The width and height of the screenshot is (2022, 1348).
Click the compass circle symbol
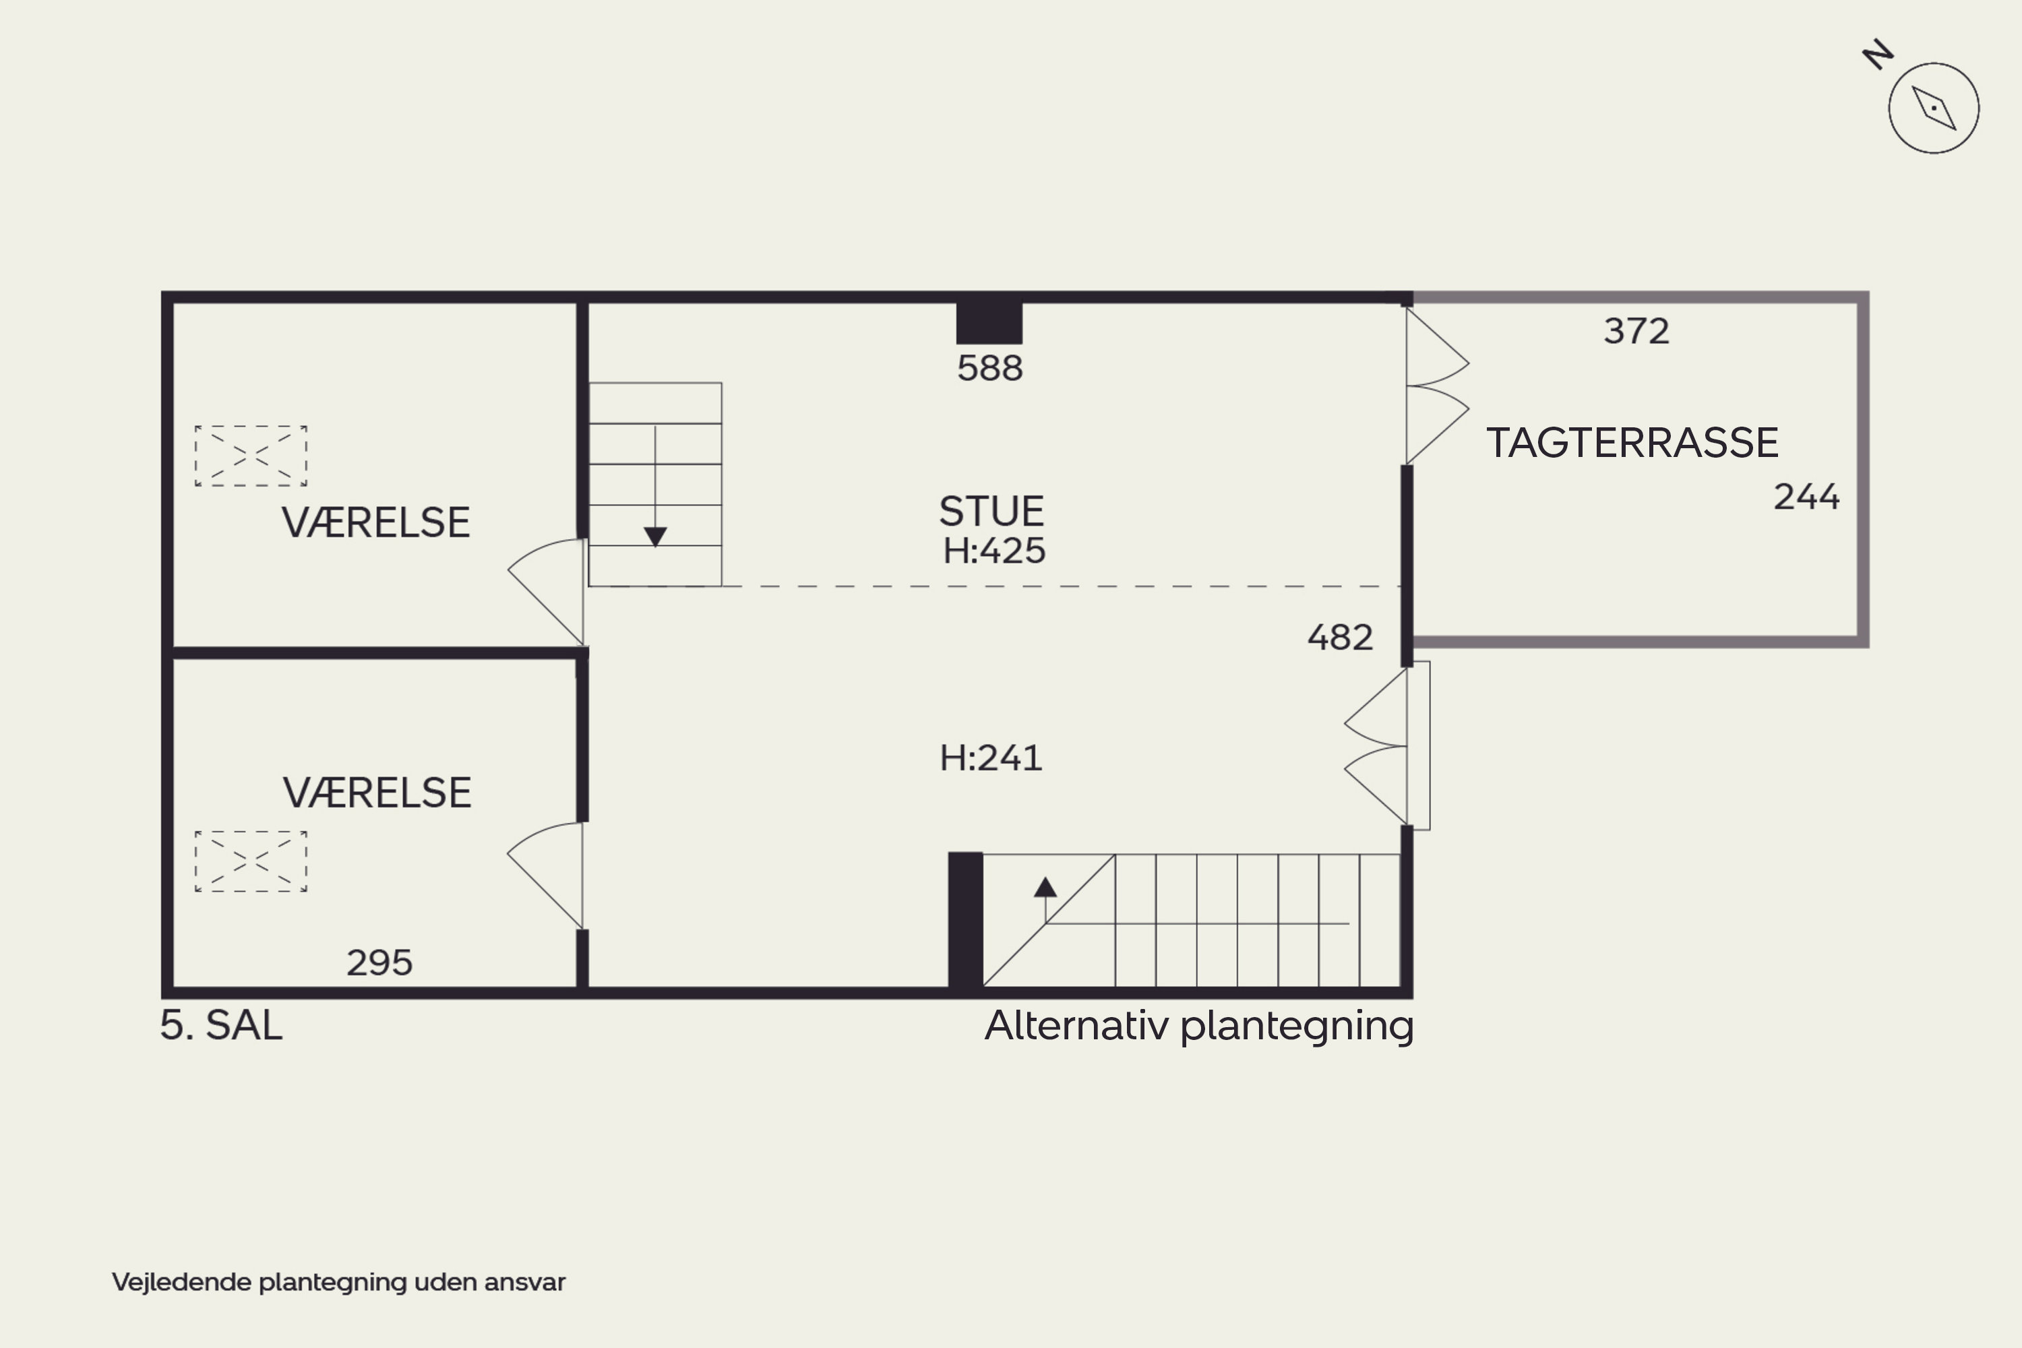pyautogui.click(x=1934, y=109)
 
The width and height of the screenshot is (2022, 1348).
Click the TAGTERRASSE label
pyautogui.click(x=1632, y=443)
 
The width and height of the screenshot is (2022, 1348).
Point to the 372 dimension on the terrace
pyautogui.click(x=1636, y=332)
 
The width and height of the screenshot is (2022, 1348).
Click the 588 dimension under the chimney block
pyautogui.click(x=989, y=369)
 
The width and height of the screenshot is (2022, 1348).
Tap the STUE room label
pyautogui.click(x=991, y=512)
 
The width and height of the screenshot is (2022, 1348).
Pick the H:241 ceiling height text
pyautogui.click(x=990, y=758)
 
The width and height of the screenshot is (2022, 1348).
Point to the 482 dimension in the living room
pyautogui.click(x=1339, y=638)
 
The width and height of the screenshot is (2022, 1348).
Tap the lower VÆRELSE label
pyautogui.click(x=377, y=793)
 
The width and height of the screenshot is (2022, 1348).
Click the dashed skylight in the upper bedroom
pyautogui.click(x=251, y=456)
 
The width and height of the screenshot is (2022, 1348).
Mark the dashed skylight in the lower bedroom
pyautogui.click(x=251, y=861)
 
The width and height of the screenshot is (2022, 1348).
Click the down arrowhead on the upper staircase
pyautogui.click(x=655, y=537)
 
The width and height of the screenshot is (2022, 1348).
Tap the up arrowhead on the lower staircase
pyautogui.click(x=1045, y=887)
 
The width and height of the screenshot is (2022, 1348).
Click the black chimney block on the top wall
pyautogui.click(x=989, y=322)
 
